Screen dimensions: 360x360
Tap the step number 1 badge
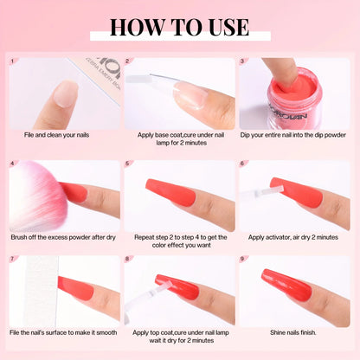point(12,61)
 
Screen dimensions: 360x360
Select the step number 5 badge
point(128,164)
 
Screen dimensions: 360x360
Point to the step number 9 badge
point(243,259)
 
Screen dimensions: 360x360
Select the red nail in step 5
point(164,190)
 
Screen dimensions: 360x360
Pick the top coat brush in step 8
point(147,294)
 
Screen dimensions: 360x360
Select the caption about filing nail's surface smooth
point(64,331)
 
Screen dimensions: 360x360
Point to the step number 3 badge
point(243,61)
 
